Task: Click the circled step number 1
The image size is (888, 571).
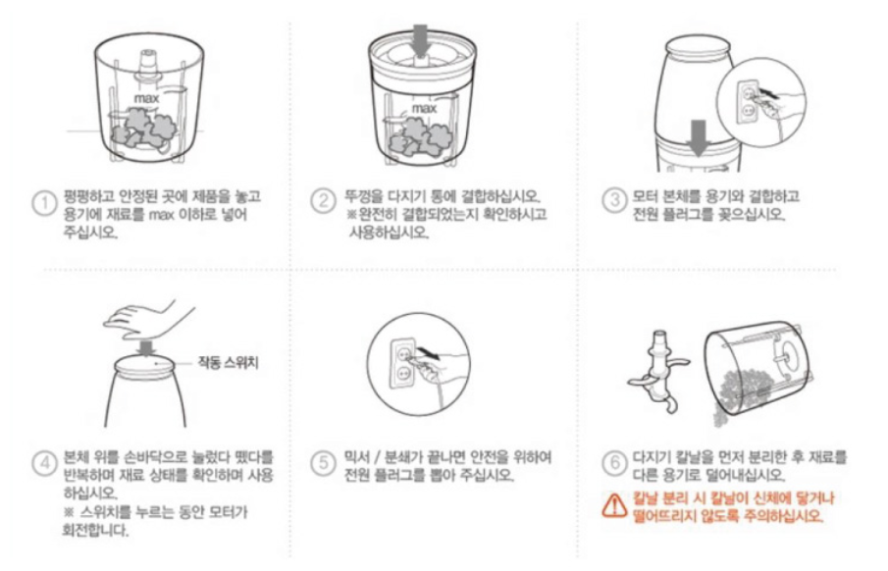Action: (x=43, y=203)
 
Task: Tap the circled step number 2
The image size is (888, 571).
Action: (x=324, y=201)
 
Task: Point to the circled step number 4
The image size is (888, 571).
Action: (x=43, y=463)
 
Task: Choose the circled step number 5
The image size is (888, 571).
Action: (x=324, y=463)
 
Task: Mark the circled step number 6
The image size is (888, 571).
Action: (x=614, y=463)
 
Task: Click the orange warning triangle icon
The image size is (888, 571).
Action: (x=614, y=506)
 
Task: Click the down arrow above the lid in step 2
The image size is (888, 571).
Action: (x=420, y=40)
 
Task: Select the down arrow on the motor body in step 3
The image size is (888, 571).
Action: (x=699, y=137)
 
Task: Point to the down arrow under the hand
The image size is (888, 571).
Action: (x=147, y=348)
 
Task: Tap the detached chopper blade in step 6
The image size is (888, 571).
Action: (x=659, y=371)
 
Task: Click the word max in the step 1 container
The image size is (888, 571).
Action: (x=146, y=98)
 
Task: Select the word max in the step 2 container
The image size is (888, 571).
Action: (x=424, y=108)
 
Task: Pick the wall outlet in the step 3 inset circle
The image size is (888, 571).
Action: (x=748, y=101)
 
